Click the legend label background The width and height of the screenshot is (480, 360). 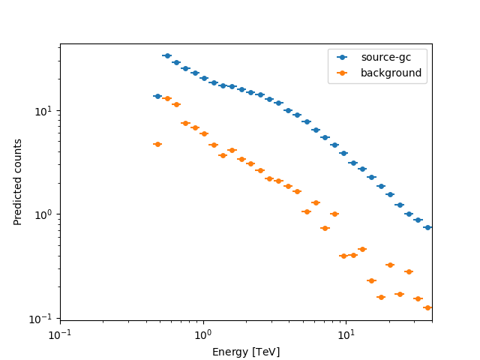tap(391, 73)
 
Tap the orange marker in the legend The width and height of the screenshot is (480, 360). tap(343, 73)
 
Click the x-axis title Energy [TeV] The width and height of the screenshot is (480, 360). tap(246, 352)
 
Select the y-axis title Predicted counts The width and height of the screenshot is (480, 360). tap(18, 181)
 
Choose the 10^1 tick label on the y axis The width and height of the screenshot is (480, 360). tap(45, 111)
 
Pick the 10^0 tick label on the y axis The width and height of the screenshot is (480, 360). tap(45, 215)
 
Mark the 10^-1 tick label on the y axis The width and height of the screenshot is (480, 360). tap(43, 319)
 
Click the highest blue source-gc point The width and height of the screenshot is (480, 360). tap(167, 55)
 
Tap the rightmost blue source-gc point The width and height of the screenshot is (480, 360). tap(427, 227)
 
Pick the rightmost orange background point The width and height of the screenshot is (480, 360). tap(427, 307)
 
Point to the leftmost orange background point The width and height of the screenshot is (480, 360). tap(157, 144)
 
